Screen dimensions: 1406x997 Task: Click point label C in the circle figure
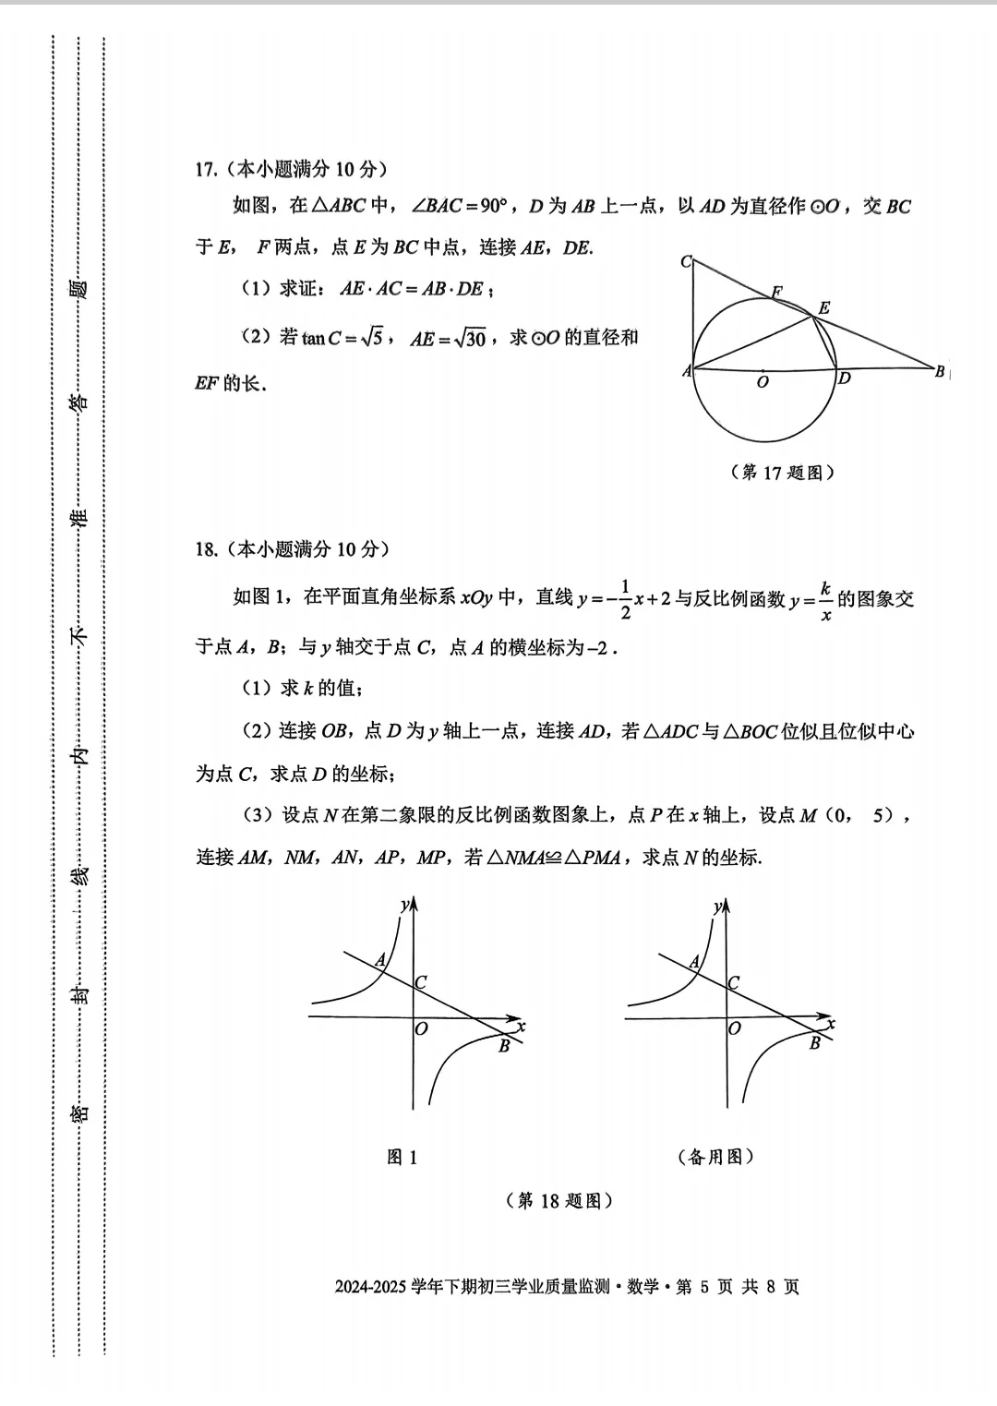click(686, 262)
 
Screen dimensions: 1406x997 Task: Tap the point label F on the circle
click(776, 293)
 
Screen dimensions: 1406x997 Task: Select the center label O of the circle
click(763, 382)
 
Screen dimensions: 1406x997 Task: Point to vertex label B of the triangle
click(939, 372)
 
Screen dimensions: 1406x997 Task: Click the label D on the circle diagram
click(844, 378)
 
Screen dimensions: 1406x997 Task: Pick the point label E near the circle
click(823, 308)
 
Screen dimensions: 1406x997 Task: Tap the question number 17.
click(205, 169)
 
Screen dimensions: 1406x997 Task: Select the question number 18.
click(205, 549)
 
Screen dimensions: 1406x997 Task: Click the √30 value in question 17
click(470, 338)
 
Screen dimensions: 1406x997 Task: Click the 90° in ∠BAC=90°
click(494, 206)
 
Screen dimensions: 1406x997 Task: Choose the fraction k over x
click(825, 601)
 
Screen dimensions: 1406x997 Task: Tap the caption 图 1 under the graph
click(402, 1157)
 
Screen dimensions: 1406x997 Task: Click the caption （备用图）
click(716, 1157)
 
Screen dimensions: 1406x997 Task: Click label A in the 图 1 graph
click(379, 961)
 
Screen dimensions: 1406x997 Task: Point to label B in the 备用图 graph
click(814, 1043)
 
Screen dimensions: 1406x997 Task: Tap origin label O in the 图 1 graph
click(422, 1028)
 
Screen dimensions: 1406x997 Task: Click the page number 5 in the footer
click(704, 1286)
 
